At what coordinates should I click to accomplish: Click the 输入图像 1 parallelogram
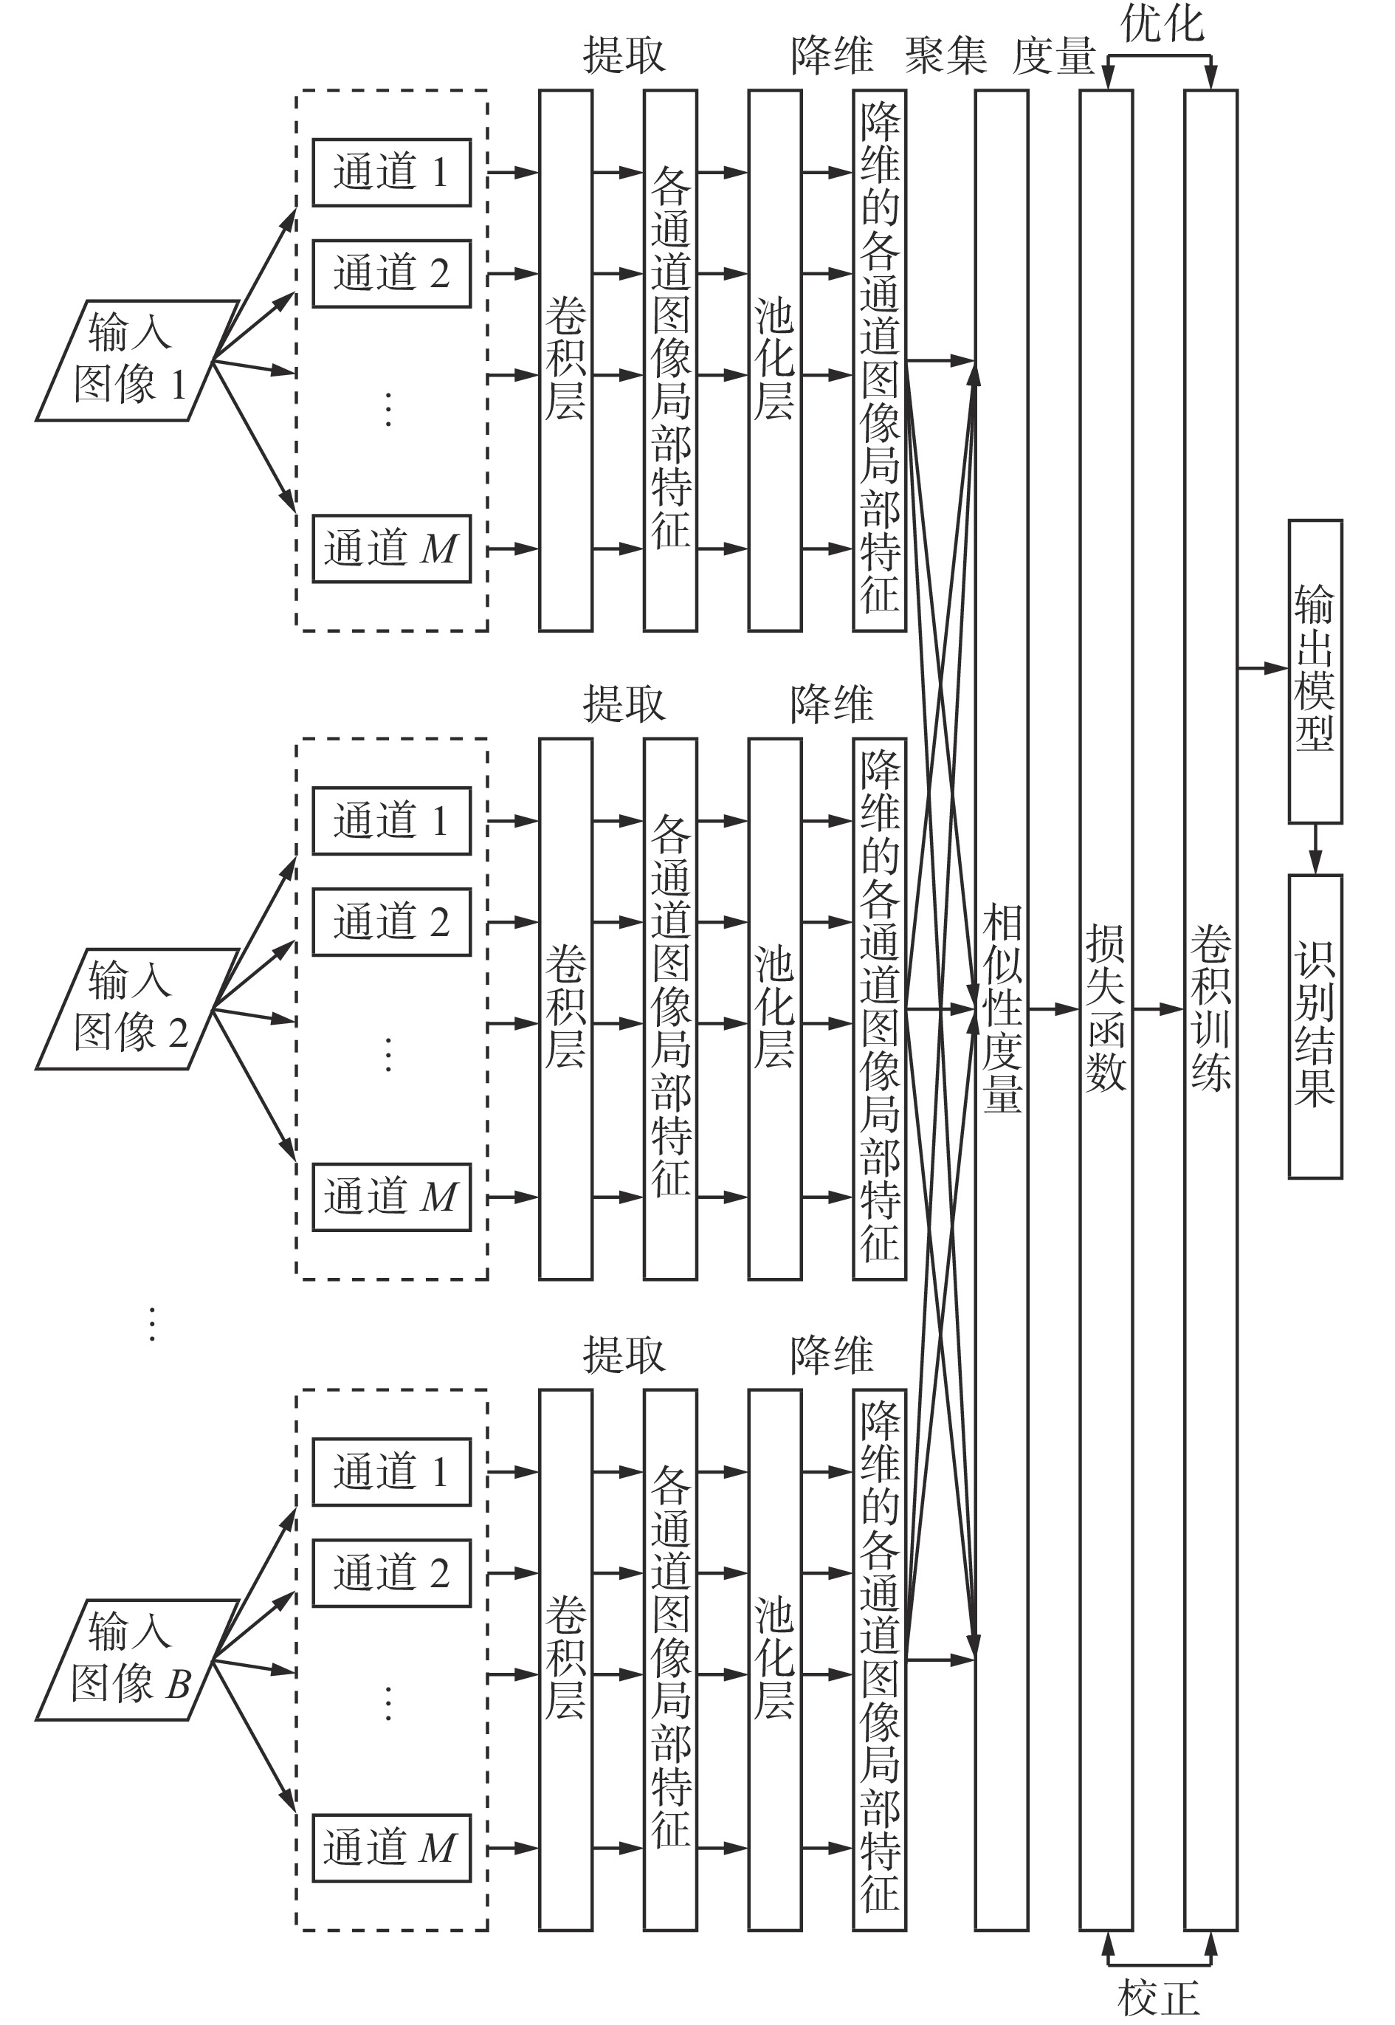pos(137,360)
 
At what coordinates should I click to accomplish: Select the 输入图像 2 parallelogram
pos(137,1008)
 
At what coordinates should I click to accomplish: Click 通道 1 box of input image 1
pos(392,172)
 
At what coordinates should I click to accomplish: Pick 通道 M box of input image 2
pos(392,1197)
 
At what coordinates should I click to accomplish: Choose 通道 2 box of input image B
pos(392,1573)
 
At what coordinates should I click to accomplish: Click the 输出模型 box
pos(1315,671)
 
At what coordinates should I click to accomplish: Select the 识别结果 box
pos(1315,1027)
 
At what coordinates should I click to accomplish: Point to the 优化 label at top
pos(1162,24)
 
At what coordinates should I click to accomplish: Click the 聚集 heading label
pos(945,55)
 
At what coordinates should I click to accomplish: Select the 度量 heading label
pos(1054,56)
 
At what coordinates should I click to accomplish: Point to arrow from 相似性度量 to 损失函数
pos(1054,1009)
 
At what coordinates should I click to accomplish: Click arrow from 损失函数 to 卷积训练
pos(1159,1009)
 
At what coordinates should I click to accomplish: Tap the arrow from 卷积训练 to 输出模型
pos(1263,669)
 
